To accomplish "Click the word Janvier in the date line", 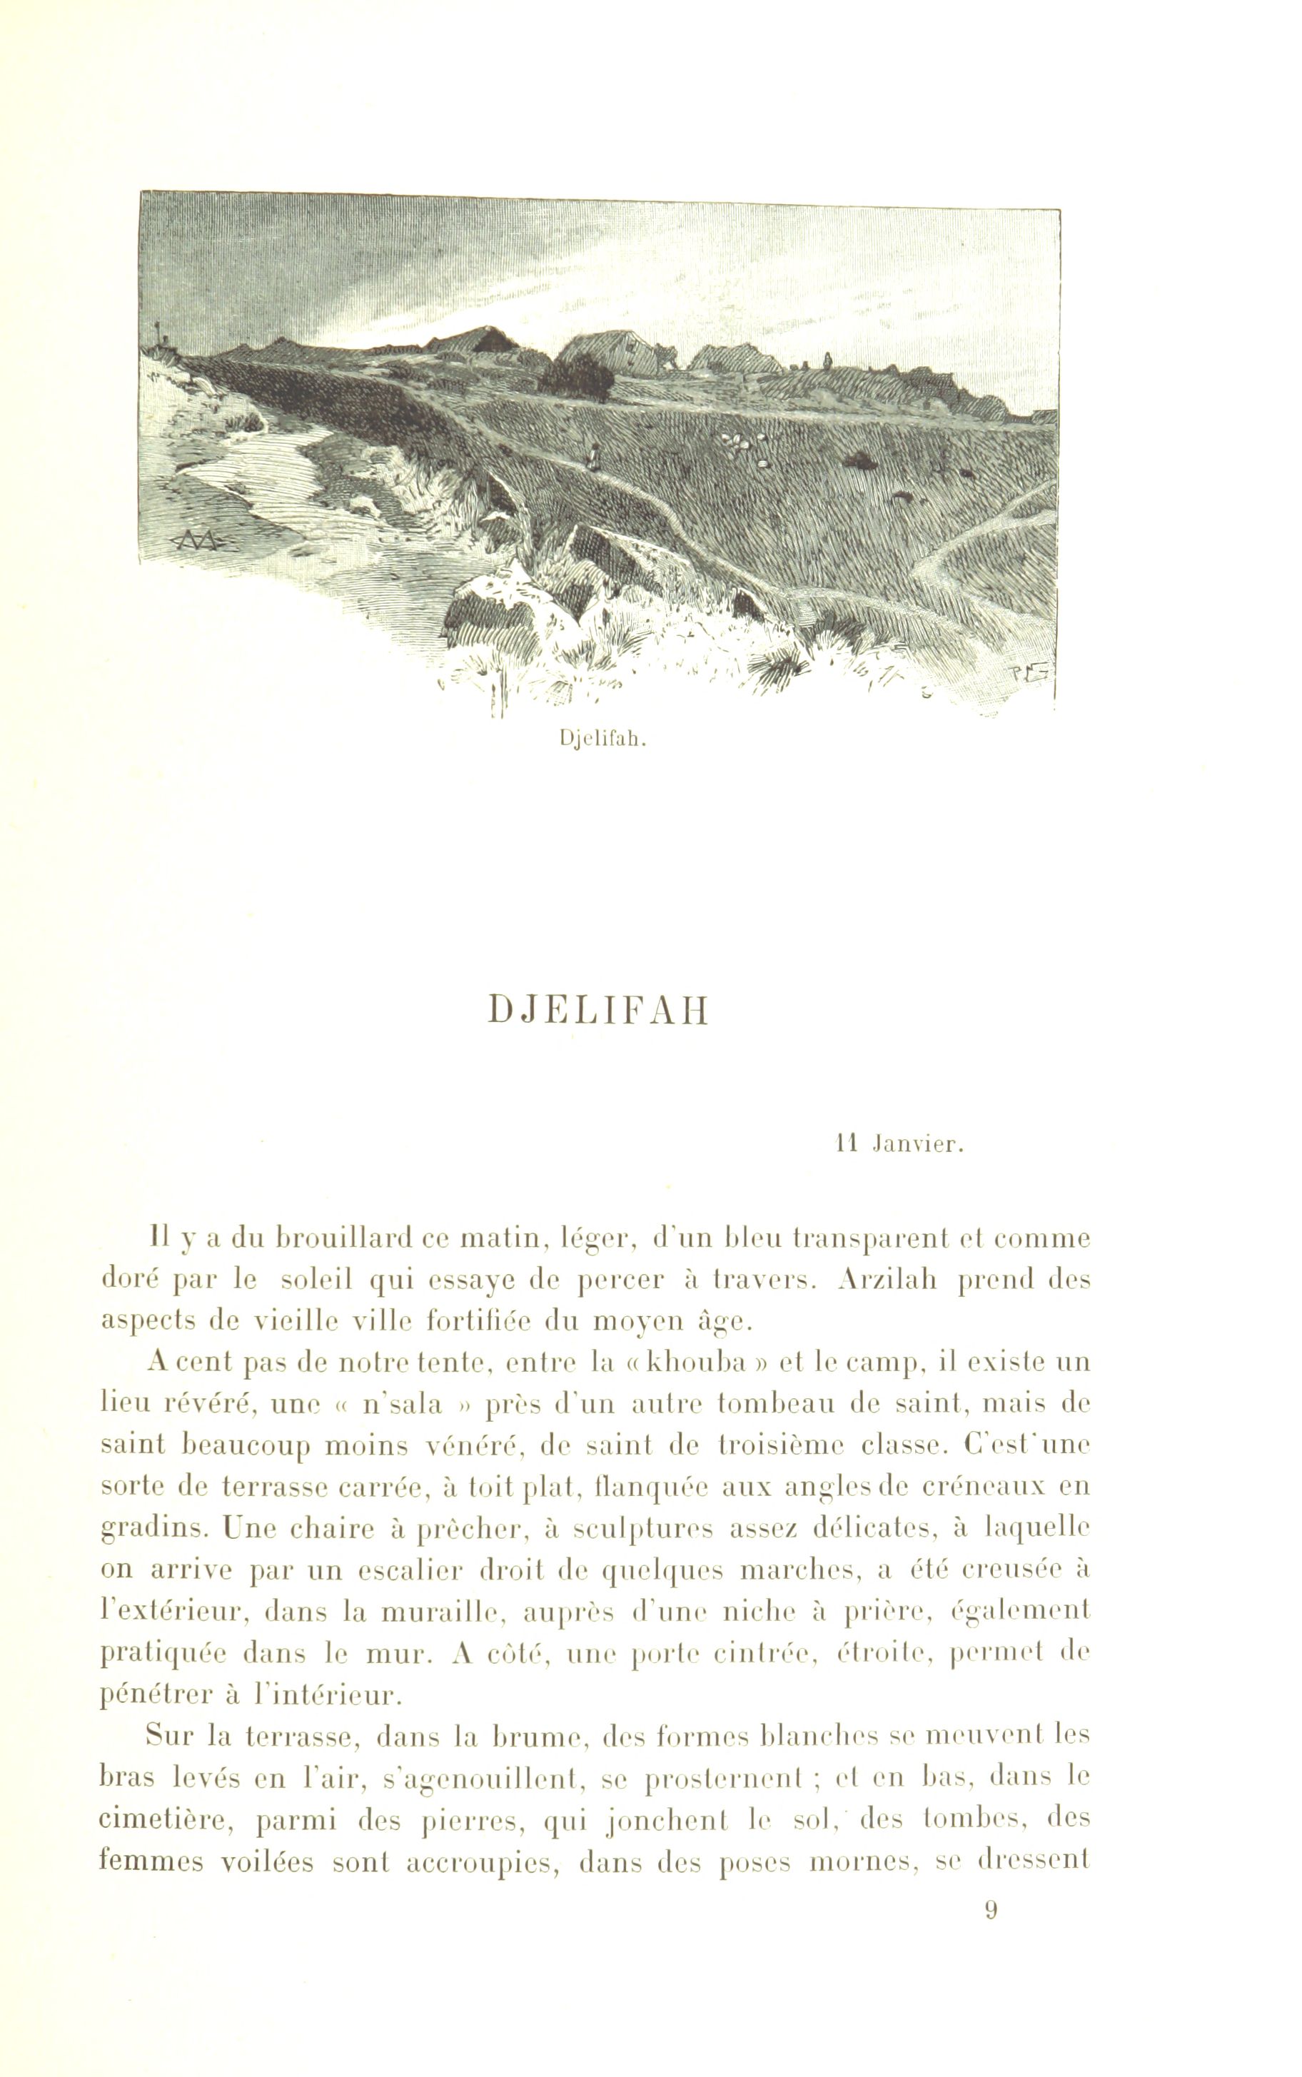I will pyautogui.click(x=919, y=1146).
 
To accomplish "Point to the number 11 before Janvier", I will pyautogui.click(x=848, y=1146).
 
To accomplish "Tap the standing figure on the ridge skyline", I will pyautogui.click(x=827, y=360).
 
